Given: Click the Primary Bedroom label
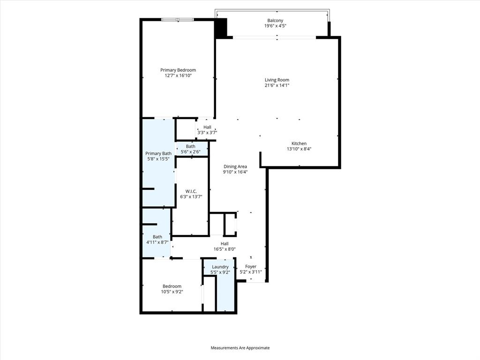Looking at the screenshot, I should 178,70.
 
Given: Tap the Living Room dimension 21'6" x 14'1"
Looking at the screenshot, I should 277,85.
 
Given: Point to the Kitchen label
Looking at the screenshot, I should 299,143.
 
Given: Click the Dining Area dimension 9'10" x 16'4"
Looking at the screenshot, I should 235,172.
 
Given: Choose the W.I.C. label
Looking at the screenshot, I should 191,191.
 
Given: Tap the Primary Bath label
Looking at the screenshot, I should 158,153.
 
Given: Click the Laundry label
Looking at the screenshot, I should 220,267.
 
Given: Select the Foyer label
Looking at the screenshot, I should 251,266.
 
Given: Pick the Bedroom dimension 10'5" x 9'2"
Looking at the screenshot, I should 172,292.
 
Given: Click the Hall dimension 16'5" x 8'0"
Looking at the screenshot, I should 225,249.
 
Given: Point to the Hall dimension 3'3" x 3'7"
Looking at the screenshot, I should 207,133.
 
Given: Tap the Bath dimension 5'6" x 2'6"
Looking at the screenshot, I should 191,151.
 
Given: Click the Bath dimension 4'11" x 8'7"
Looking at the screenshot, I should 157,242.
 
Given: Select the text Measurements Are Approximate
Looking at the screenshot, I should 240,348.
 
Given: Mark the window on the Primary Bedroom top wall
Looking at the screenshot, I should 177,19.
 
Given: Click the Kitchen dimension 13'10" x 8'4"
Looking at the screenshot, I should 299,149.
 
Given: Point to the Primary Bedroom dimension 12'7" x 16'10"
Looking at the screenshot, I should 178,75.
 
